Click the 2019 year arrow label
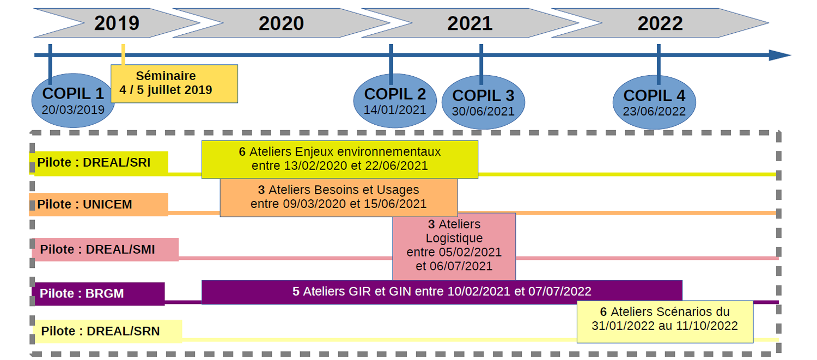117,23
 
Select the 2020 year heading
281,23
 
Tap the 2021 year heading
470,23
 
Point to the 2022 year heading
660,23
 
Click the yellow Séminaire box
174,83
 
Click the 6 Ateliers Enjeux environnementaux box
339,159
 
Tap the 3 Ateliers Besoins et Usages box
338,197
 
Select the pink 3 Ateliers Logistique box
454,246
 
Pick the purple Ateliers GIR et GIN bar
441,292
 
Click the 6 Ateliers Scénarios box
664,320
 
